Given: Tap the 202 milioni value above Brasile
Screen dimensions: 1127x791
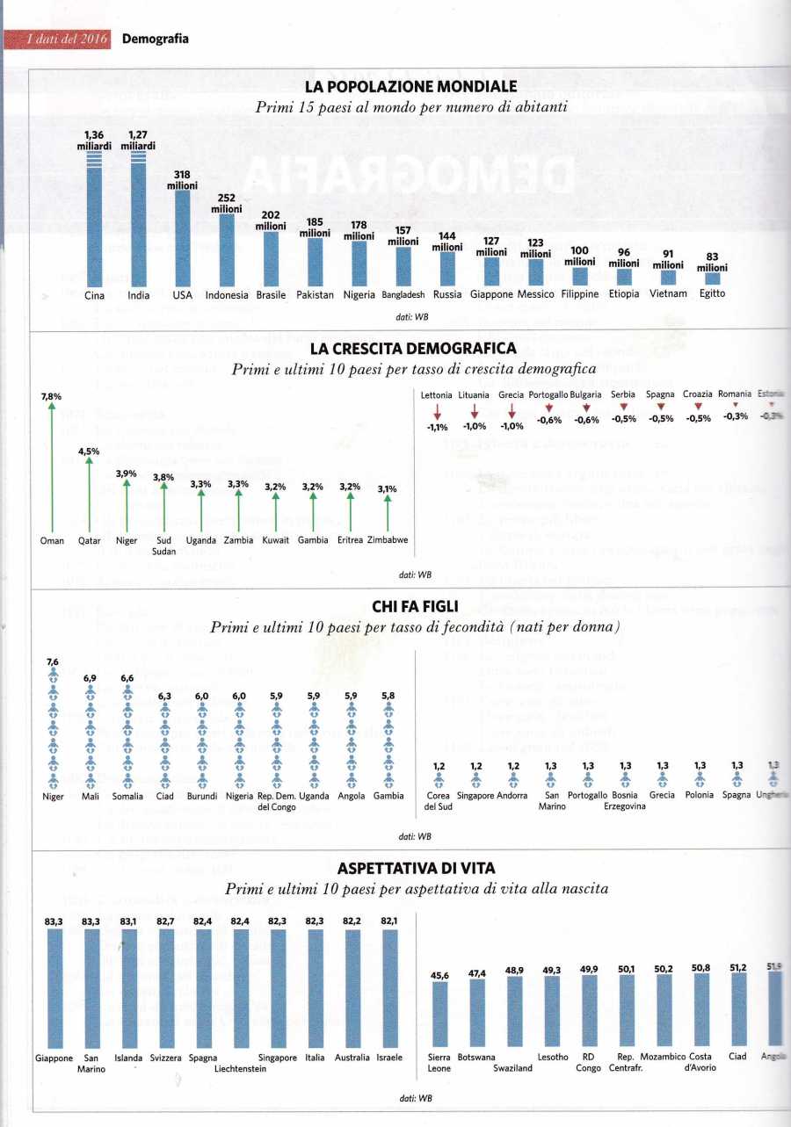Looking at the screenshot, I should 271,220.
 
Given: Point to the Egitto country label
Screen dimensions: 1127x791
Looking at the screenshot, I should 712,293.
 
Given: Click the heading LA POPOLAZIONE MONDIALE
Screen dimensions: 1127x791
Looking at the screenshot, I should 410,87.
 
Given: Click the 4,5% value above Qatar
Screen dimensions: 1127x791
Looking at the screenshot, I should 89,452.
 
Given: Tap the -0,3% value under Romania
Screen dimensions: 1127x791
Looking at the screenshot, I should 736,416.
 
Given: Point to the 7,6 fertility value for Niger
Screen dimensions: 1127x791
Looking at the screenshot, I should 52,661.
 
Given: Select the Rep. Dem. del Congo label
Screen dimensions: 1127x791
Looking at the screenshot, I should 276,801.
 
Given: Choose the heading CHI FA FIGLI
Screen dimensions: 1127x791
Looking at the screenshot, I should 410,607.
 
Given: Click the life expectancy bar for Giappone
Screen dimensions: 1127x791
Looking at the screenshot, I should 54,988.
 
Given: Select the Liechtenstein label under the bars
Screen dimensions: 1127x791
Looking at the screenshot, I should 240,1068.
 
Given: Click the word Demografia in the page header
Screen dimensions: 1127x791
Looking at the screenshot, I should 155,39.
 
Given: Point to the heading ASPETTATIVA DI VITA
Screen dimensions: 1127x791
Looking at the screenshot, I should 410,868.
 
